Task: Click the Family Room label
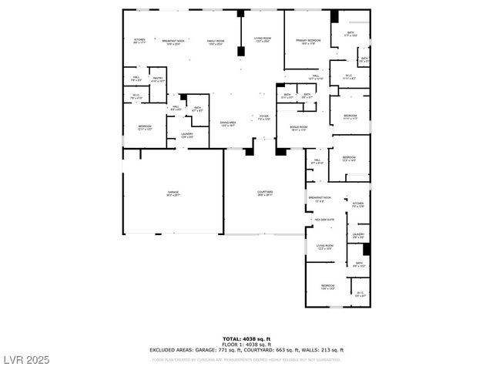point(216,40)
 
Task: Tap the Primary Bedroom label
point(308,40)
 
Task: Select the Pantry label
point(158,78)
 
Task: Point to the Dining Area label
point(227,123)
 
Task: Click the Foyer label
point(263,116)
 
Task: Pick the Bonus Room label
point(299,126)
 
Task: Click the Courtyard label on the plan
point(265,192)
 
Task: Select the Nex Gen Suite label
point(324,220)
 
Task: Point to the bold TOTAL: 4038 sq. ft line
point(246,338)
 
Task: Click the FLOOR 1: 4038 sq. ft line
point(246,344)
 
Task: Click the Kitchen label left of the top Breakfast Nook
point(139,40)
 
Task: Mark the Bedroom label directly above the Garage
point(145,126)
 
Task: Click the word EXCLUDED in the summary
point(160,350)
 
